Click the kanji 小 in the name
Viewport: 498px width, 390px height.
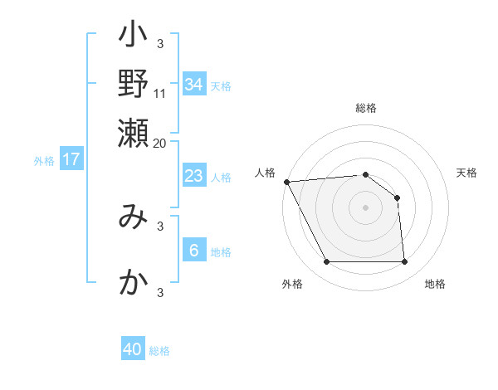pos(133,37)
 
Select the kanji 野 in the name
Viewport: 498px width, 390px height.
pos(133,82)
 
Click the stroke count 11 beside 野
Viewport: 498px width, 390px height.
pos(160,92)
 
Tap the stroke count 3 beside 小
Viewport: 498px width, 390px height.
pos(160,43)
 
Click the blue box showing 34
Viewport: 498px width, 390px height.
pos(193,84)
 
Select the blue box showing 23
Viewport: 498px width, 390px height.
pos(193,176)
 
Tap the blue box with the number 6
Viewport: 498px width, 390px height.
pos(193,251)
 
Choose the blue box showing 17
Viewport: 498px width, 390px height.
pos(71,159)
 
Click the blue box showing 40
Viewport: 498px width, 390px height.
pos(133,349)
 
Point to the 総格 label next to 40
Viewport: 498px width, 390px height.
pos(159,351)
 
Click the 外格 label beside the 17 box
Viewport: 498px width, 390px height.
pos(44,161)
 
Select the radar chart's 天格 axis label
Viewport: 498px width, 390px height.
pos(466,173)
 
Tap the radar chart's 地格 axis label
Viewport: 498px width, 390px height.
pos(435,285)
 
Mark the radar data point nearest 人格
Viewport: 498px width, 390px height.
pos(286,182)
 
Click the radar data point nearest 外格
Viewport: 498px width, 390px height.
pos(326,262)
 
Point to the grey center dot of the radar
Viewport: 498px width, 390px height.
pos(366,207)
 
